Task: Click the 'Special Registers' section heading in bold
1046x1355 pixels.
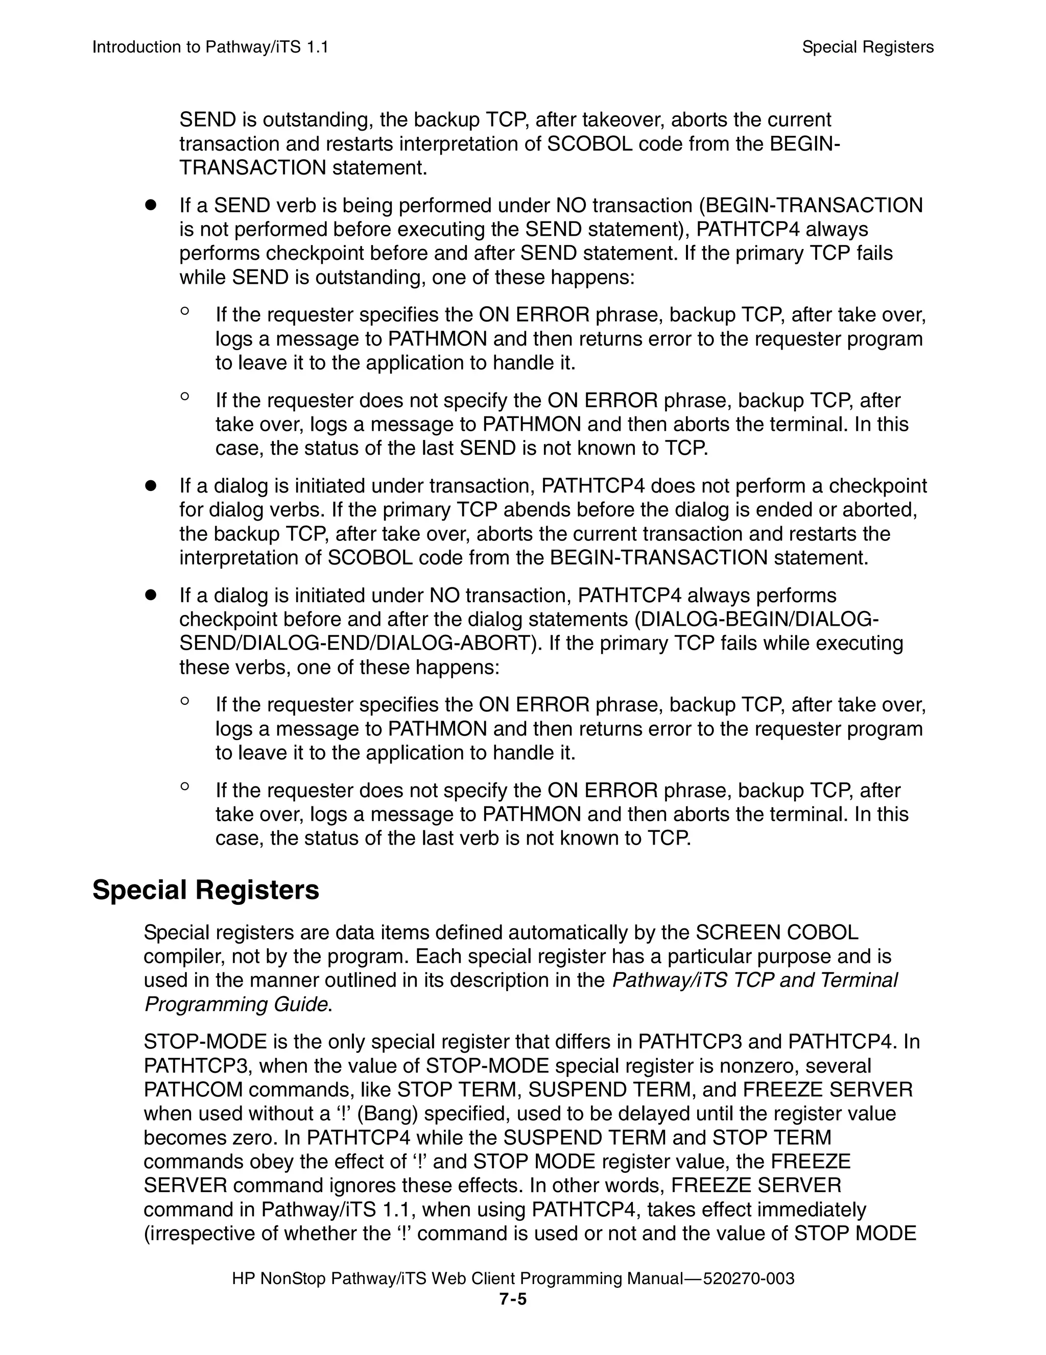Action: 205,890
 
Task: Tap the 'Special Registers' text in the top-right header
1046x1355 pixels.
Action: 867,47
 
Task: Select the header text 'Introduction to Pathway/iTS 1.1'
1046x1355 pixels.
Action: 210,47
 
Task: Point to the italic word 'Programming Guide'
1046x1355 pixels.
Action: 236,1004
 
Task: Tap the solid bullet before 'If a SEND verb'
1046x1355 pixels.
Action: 150,205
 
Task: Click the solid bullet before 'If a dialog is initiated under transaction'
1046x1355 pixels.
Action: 150,486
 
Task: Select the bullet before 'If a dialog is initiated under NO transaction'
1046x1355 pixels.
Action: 150,596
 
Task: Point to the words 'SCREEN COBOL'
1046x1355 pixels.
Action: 777,932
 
